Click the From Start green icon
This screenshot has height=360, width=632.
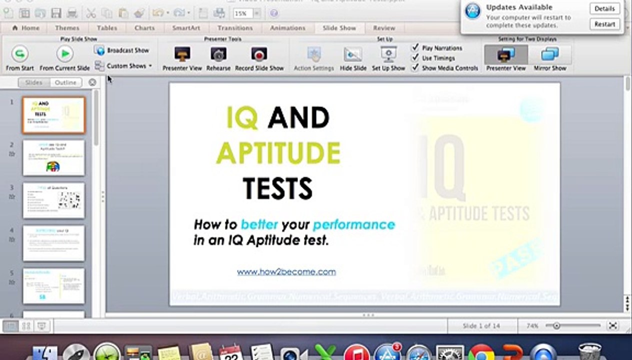pyautogui.click(x=19, y=53)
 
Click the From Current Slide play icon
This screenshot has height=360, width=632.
pyautogui.click(x=64, y=53)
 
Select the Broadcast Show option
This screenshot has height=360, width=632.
pyautogui.click(x=122, y=50)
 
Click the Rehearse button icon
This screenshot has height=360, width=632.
pyautogui.click(x=218, y=54)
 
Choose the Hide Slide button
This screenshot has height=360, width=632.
pyautogui.click(x=353, y=54)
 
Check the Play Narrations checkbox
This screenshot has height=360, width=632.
pyautogui.click(x=415, y=48)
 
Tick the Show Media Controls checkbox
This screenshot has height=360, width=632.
pyautogui.click(x=415, y=67)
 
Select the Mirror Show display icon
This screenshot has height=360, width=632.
pyautogui.click(x=550, y=54)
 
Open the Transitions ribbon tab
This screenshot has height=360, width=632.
pyautogui.click(x=234, y=28)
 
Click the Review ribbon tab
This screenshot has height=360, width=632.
pyautogui.click(x=384, y=28)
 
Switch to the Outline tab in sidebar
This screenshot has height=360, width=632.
pyautogui.click(x=66, y=82)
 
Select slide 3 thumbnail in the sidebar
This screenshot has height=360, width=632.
pyautogui.click(x=53, y=200)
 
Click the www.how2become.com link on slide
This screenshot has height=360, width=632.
pyautogui.click(x=286, y=272)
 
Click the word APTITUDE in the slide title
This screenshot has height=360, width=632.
pyautogui.click(x=278, y=153)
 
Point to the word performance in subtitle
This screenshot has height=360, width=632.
pyautogui.click(x=353, y=224)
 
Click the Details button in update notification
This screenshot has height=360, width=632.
pyautogui.click(x=604, y=8)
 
